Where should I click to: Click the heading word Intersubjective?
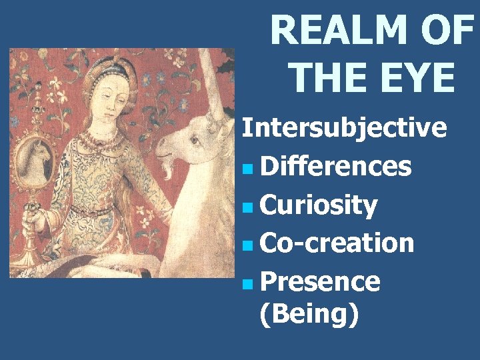(x=344, y=127)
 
